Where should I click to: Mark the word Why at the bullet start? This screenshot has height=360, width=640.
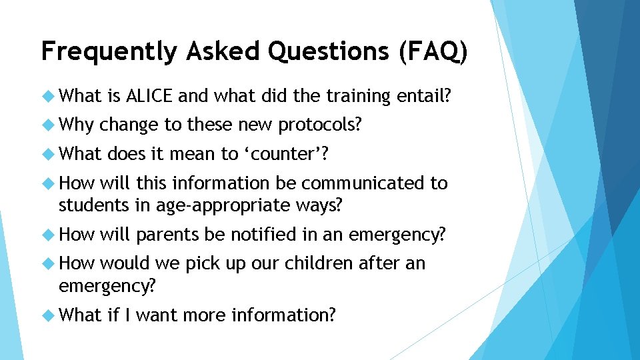pyautogui.click(x=77, y=125)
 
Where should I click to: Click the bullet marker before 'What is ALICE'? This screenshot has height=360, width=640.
pyautogui.click(x=48, y=97)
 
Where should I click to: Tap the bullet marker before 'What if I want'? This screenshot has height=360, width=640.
pyautogui.click(x=48, y=315)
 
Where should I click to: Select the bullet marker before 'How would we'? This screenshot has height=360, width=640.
pyautogui.click(x=48, y=264)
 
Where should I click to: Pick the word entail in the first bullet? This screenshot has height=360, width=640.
pyautogui.click(x=422, y=96)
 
